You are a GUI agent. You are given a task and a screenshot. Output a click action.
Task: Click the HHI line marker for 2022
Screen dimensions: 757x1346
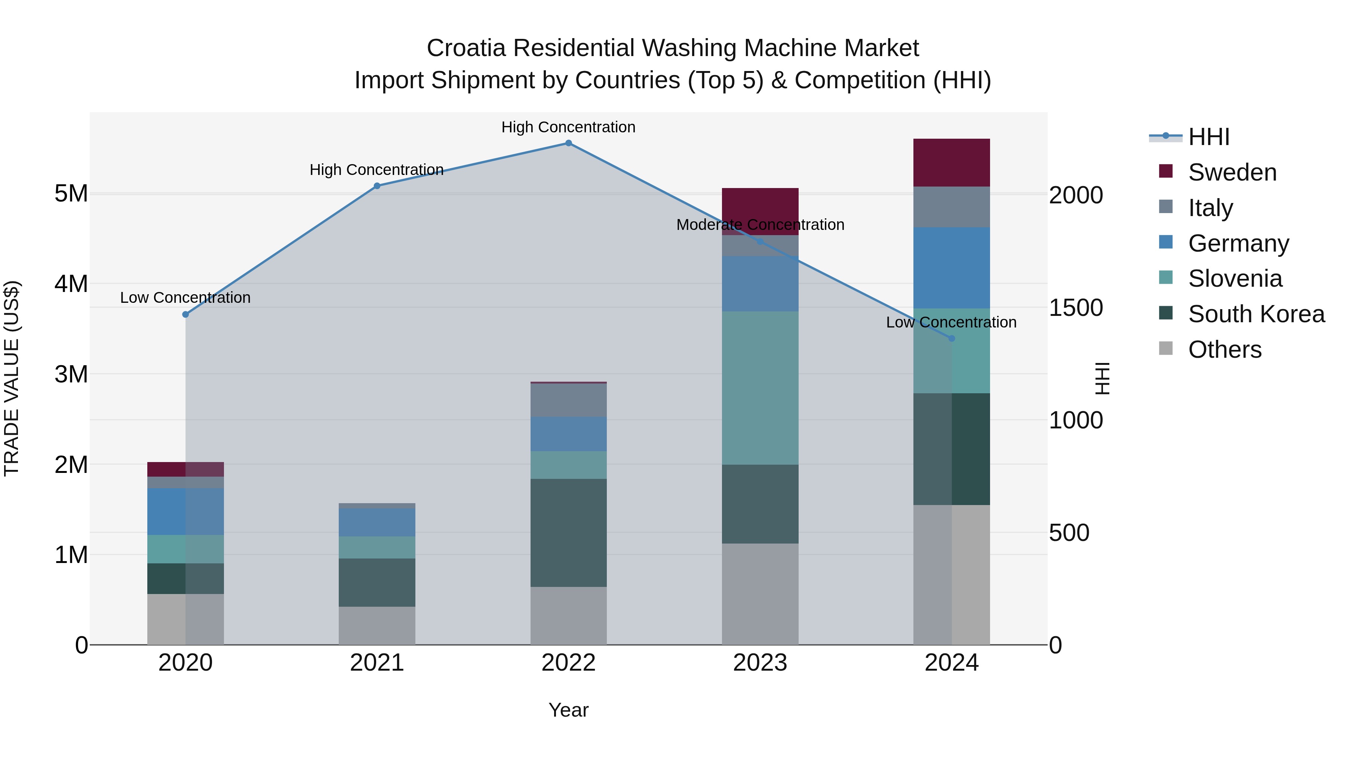point(568,143)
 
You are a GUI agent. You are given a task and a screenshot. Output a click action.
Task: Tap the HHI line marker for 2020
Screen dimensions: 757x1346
point(185,314)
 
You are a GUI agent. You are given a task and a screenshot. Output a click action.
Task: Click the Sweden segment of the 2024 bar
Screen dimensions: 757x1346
point(952,163)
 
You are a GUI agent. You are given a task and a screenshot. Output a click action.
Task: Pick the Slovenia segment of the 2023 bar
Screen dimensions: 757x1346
point(760,388)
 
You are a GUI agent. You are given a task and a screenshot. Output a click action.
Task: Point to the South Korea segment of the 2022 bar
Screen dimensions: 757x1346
point(568,533)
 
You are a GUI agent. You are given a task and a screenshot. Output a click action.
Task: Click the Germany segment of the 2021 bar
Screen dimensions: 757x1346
point(377,523)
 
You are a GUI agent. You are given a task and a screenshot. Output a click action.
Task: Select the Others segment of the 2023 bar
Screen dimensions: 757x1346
point(760,594)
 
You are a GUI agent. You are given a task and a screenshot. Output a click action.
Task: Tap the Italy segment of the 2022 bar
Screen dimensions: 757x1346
point(568,400)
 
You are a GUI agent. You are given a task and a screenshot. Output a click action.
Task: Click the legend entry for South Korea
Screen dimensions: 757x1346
point(1256,314)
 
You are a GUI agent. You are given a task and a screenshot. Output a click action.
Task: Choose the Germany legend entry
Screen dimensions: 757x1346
point(1238,243)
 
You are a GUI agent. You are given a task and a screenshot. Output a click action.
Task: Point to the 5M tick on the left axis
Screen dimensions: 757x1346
point(71,194)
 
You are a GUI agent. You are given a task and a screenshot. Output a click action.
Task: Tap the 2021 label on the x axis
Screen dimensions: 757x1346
point(377,663)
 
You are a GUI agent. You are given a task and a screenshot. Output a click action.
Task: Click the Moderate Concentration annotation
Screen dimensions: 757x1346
point(760,225)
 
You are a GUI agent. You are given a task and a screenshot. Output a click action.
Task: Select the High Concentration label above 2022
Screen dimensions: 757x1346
point(568,127)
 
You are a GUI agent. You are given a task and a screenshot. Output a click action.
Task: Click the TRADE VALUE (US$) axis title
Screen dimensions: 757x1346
point(12,378)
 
